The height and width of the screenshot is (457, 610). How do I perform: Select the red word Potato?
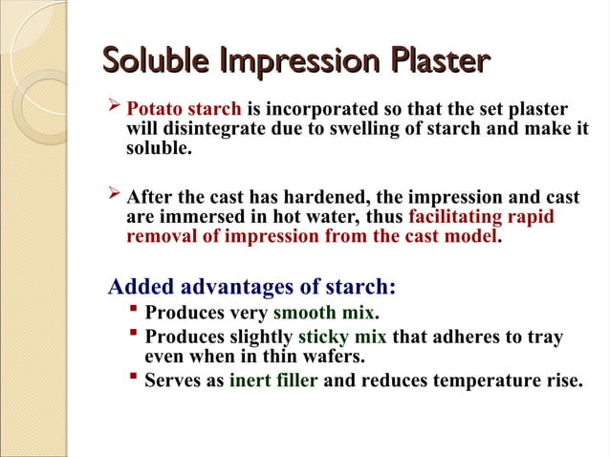coord(155,108)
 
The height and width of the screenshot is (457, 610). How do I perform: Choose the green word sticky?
coord(324,337)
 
